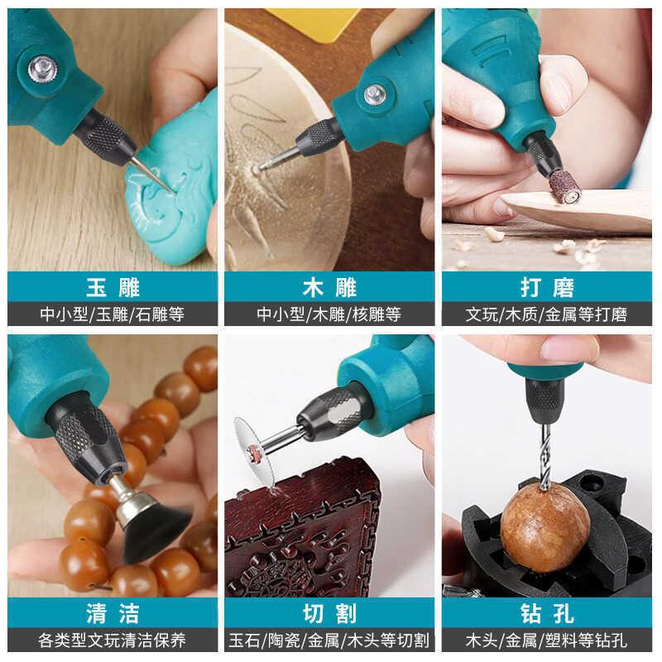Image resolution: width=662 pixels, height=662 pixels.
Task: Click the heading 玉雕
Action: (x=113, y=287)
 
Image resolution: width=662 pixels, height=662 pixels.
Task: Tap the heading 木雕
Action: (x=329, y=287)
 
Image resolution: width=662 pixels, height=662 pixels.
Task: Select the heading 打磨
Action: (x=547, y=287)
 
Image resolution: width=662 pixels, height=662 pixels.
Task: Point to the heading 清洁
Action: (x=113, y=613)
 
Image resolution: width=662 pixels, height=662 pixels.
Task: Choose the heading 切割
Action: (x=329, y=613)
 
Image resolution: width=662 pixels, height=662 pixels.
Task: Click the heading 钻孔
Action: (x=547, y=613)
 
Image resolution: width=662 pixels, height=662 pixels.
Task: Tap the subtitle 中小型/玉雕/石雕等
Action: (x=113, y=314)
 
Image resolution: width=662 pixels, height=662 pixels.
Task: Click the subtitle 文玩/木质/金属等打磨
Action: (x=547, y=314)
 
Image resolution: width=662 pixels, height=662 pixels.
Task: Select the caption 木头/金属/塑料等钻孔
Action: (x=547, y=640)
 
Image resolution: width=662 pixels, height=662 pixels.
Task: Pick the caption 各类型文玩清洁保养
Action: (x=112, y=640)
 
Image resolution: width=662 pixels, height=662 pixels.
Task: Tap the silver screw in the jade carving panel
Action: (x=43, y=70)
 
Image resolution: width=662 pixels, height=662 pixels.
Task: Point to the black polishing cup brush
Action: (x=153, y=530)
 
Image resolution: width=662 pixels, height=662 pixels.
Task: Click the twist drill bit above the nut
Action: (x=545, y=457)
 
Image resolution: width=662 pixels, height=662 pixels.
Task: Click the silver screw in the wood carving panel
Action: (x=375, y=94)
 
